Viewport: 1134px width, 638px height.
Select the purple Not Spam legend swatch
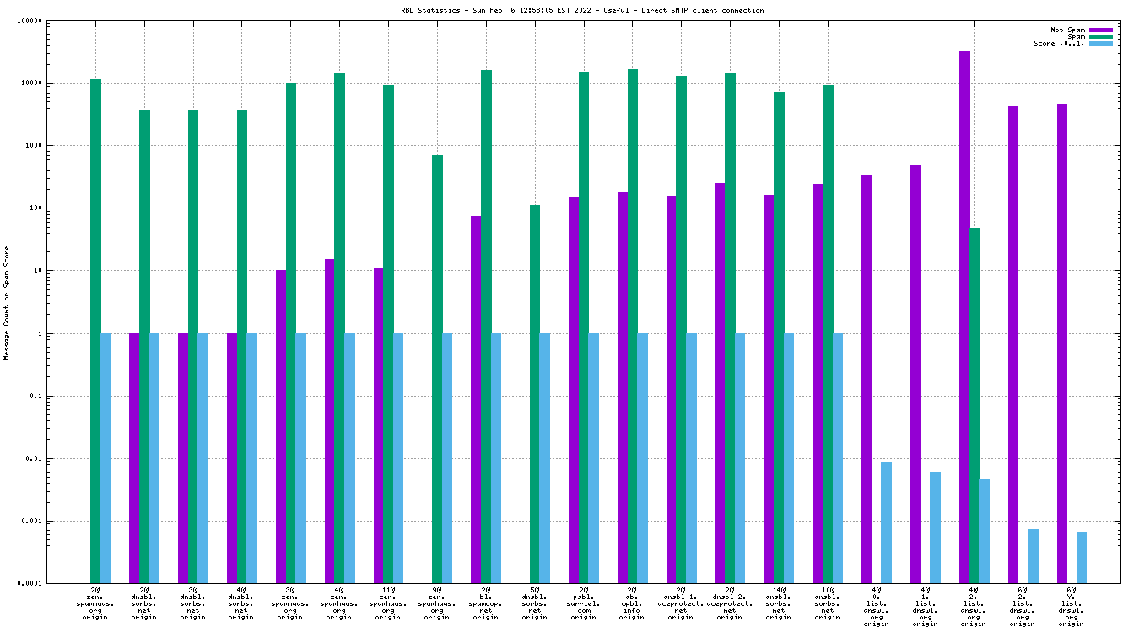tap(1101, 30)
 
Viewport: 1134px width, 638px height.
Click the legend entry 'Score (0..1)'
tap(1059, 43)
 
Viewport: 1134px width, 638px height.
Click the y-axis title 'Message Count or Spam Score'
tap(7, 302)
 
